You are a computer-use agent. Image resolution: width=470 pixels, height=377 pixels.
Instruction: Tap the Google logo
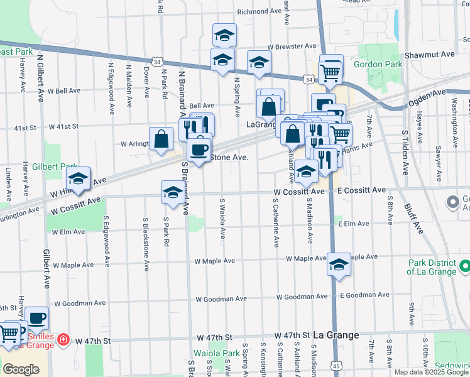(x=21, y=369)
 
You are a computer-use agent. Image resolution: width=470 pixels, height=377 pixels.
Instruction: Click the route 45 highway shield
(x=337, y=365)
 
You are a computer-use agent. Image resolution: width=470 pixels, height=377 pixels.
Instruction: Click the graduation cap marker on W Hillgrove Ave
(x=79, y=180)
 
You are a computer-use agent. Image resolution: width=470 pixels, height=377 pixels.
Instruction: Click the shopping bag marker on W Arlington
(x=161, y=139)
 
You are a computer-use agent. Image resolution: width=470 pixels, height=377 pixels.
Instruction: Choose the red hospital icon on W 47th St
(x=63, y=341)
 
